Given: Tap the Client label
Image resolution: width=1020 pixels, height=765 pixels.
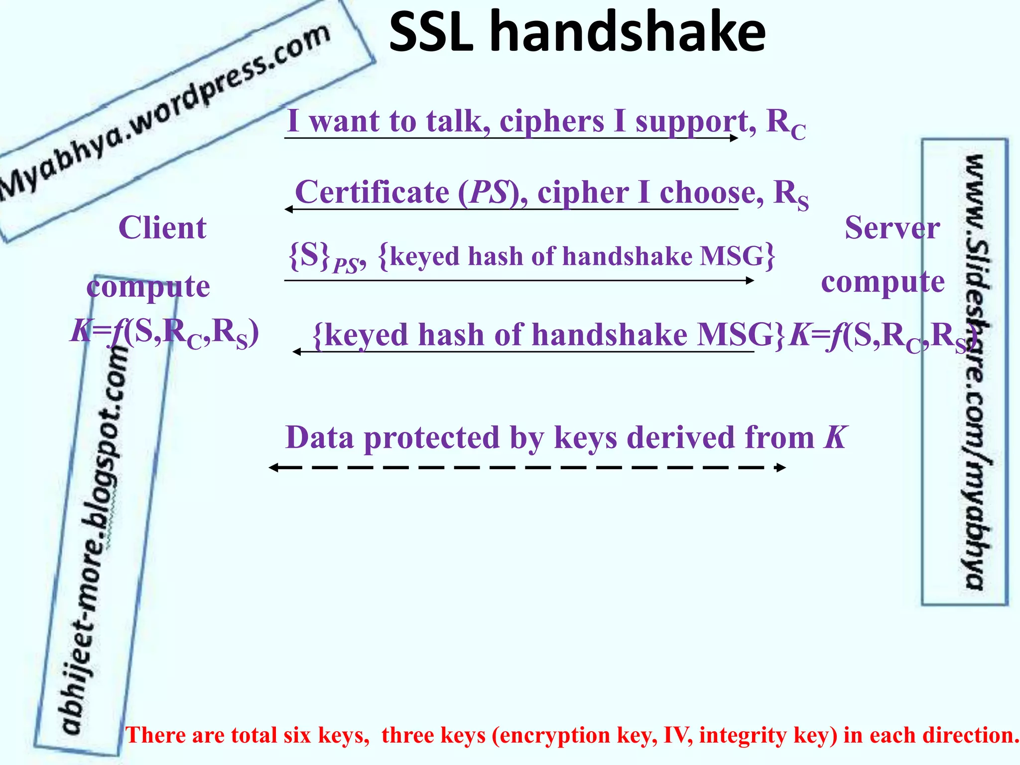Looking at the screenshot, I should (162, 228).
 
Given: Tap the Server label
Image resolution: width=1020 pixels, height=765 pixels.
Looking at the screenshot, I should (892, 228).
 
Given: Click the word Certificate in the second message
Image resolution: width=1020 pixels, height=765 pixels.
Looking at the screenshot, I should (372, 192).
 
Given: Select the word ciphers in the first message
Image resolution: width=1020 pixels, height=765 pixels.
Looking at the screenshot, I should (551, 121).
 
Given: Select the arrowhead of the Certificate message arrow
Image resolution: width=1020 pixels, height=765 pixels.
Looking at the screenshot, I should (288, 209).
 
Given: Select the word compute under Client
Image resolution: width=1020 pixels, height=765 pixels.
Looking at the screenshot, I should (148, 287).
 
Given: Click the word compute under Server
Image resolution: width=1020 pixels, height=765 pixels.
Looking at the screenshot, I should (883, 282).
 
